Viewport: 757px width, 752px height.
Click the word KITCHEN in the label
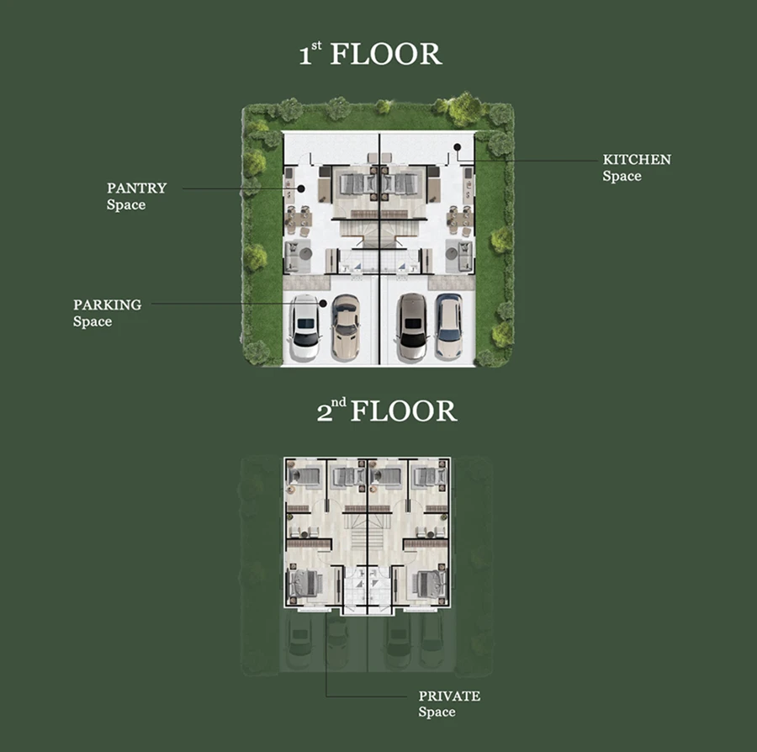637,160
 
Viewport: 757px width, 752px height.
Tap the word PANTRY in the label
136,188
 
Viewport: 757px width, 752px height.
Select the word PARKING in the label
107,305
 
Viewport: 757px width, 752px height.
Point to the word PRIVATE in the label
449,696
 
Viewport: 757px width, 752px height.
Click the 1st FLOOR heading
370,54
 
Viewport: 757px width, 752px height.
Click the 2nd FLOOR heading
387,410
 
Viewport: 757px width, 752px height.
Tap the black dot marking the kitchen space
458,147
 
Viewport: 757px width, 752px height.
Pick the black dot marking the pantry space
301,188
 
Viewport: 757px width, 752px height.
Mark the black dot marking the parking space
324,303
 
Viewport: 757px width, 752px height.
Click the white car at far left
304,326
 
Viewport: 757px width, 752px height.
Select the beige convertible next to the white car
346,327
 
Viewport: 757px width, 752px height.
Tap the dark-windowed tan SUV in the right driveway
412,327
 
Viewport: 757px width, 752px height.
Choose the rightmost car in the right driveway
448,326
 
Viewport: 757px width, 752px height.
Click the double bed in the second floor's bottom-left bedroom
304,583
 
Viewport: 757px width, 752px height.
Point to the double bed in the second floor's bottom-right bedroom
431,583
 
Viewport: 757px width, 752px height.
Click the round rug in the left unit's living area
305,253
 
